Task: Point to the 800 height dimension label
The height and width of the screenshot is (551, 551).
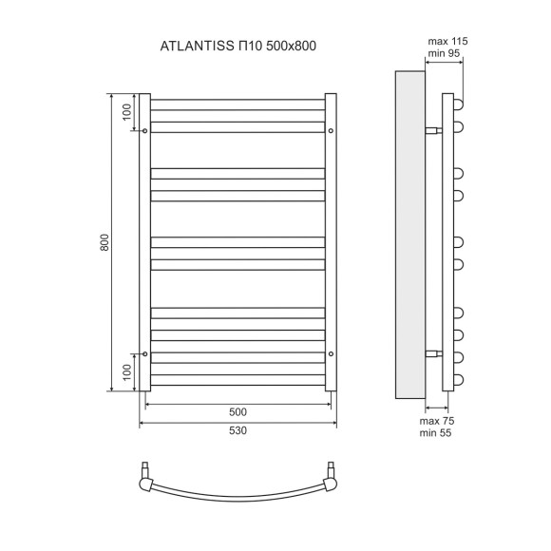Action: tap(105, 243)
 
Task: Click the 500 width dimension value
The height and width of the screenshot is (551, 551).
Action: tap(237, 411)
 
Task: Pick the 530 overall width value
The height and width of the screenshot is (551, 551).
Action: tap(237, 430)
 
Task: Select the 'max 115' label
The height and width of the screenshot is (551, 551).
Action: tap(449, 43)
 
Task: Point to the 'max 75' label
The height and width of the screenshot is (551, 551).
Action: tap(438, 419)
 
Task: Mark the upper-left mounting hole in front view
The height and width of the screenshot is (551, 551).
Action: tap(144, 131)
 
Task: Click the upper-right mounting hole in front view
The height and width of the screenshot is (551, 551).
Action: tap(331, 131)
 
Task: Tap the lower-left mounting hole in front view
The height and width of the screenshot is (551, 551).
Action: tap(144, 353)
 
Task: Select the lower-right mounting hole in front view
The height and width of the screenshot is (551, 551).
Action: tap(331, 353)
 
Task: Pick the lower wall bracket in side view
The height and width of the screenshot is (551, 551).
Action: tap(433, 353)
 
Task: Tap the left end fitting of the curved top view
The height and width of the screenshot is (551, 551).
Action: tap(146, 475)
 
